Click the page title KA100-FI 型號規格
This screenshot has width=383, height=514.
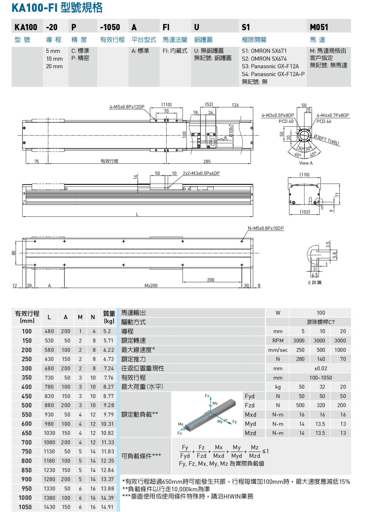coord(57,8)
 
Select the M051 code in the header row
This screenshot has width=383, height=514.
coord(319,27)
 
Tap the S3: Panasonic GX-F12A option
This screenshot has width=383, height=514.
coord(270,66)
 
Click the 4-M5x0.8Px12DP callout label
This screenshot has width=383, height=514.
coord(127,107)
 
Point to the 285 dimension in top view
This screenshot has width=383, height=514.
coord(207,162)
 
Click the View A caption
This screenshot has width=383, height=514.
coord(306,163)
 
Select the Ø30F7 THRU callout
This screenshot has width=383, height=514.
coord(326,140)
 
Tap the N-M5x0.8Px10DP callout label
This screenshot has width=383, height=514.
coord(265,228)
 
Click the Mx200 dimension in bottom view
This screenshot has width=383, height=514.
coord(151,286)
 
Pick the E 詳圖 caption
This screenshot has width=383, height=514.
coord(315,283)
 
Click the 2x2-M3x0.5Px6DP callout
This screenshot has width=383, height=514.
coord(201,173)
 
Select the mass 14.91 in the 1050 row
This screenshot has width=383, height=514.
coord(107,507)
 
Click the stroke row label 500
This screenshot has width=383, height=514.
coord(27,405)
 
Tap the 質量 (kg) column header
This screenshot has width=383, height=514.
coord(109,317)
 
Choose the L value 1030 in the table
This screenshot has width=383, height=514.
coord(49,433)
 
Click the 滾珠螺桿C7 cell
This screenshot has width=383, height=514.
coord(320,322)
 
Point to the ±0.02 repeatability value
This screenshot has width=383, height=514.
coord(320,368)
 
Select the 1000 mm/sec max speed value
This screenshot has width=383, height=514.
coord(340,350)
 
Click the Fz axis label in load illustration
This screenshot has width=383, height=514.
coord(207,396)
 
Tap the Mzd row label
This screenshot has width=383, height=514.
coord(250,433)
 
